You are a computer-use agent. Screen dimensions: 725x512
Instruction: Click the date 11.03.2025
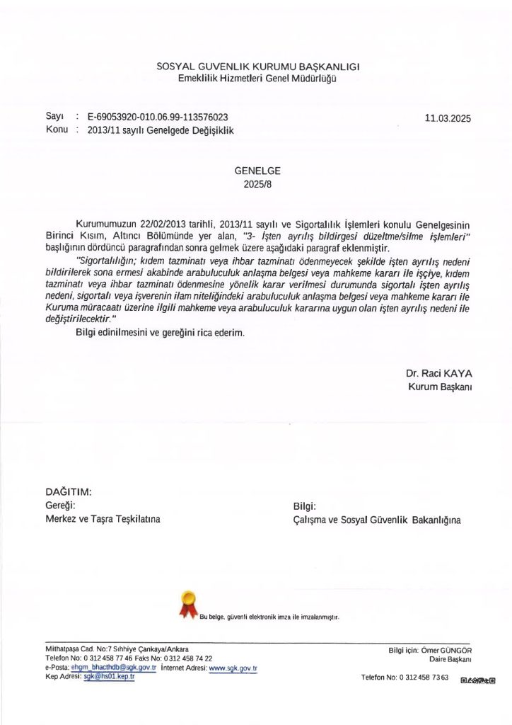click(448, 118)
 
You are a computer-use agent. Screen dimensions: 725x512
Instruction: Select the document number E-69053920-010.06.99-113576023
click(158, 117)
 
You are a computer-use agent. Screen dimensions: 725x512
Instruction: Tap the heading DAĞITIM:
click(69, 492)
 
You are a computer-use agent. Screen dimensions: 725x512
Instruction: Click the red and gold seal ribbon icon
click(188, 604)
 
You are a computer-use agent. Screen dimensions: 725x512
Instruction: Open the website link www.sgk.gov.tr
click(233, 668)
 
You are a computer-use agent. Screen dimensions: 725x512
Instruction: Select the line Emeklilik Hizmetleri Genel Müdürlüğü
click(257, 78)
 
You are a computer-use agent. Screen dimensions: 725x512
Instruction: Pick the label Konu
click(56, 130)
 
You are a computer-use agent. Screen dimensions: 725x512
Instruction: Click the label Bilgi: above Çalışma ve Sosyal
click(304, 506)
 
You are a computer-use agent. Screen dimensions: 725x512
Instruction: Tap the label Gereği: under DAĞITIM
click(60, 506)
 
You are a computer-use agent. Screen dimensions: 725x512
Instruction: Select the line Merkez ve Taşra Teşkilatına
click(103, 519)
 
